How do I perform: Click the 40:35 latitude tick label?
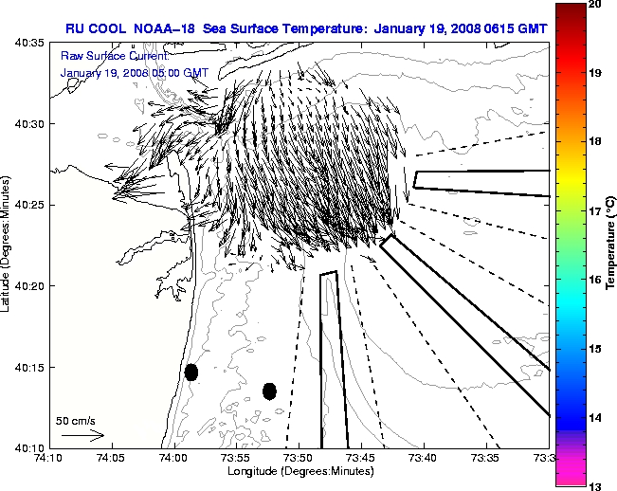(32, 43)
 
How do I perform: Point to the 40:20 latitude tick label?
(32, 285)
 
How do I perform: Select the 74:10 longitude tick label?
(50, 458)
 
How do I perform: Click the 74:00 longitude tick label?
(174, 458)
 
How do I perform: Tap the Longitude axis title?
(299, 470)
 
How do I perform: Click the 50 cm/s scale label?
(75, 420)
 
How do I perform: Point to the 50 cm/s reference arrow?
(82, 435)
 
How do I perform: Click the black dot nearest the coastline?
(191, 372)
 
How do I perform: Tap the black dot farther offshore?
(269, 391)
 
